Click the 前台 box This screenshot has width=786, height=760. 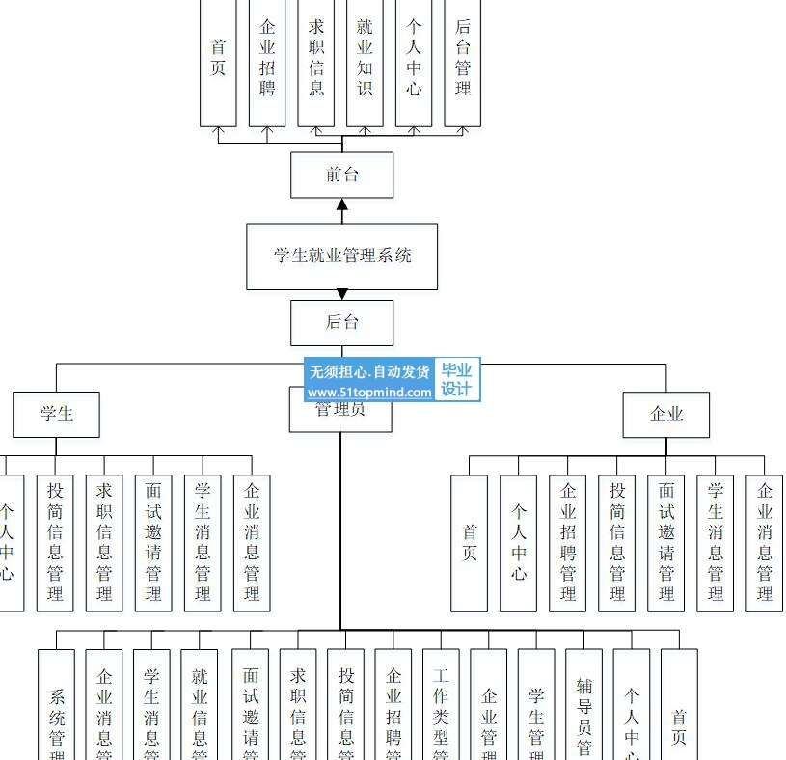[x=341, y=175]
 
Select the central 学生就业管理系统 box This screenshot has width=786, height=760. [x=341, y=256]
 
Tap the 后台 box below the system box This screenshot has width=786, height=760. [x=341, y=322]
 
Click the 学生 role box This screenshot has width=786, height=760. [x=56, y=414]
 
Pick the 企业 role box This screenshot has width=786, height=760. [x=665, y=414]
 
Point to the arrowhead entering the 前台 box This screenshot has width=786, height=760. [x=341, y=205]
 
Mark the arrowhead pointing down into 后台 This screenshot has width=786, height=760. [x=341, y=294]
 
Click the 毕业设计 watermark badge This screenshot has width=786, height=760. [x=456, y=380]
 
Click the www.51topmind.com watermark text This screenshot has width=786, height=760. [x=369, y=393]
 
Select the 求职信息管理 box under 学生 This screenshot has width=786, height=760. [x=104, y=542]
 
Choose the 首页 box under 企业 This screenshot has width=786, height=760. [x=470, y=542]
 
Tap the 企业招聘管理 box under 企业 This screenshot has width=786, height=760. [x=568, y=542]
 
